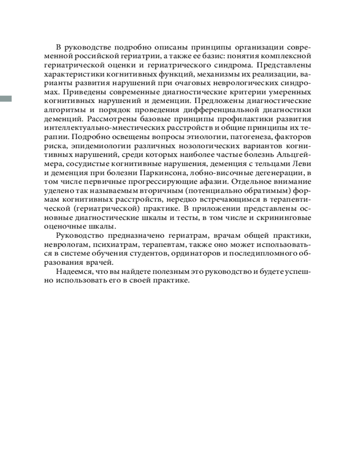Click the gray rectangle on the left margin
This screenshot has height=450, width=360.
[x=6, y=99]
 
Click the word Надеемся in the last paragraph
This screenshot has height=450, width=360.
[x=74, y=272]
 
